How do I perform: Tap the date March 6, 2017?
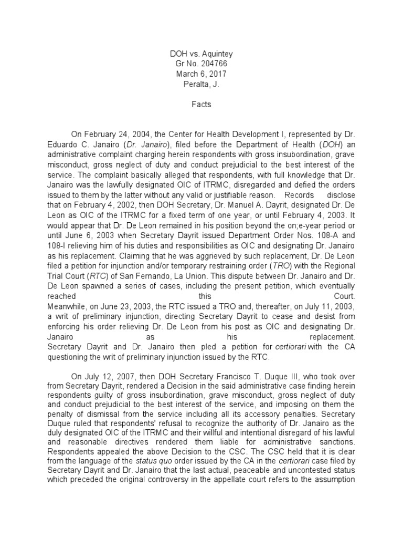point(201,74)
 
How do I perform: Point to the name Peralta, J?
point(201,84)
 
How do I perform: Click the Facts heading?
point(201,104)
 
